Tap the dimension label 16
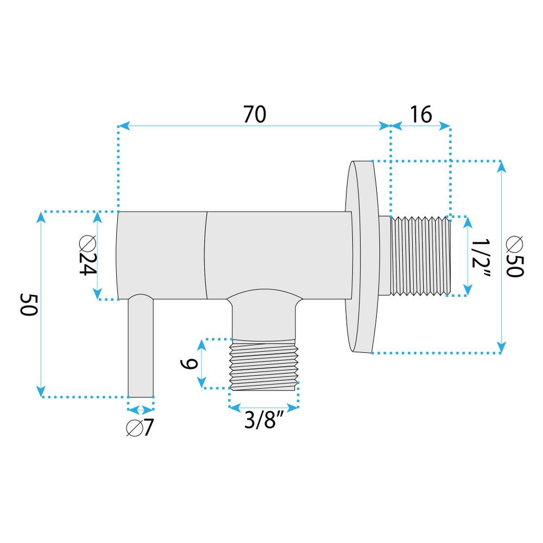point(421,115)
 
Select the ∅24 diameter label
point(85,256)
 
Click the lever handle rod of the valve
point(141,348)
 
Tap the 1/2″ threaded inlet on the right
point(421,256)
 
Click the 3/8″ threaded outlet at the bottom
point(264,364)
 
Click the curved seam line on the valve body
point(207,255)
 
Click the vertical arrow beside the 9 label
point(203,364)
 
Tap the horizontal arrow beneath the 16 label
point(421,127)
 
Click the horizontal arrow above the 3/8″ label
point(264,406)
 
